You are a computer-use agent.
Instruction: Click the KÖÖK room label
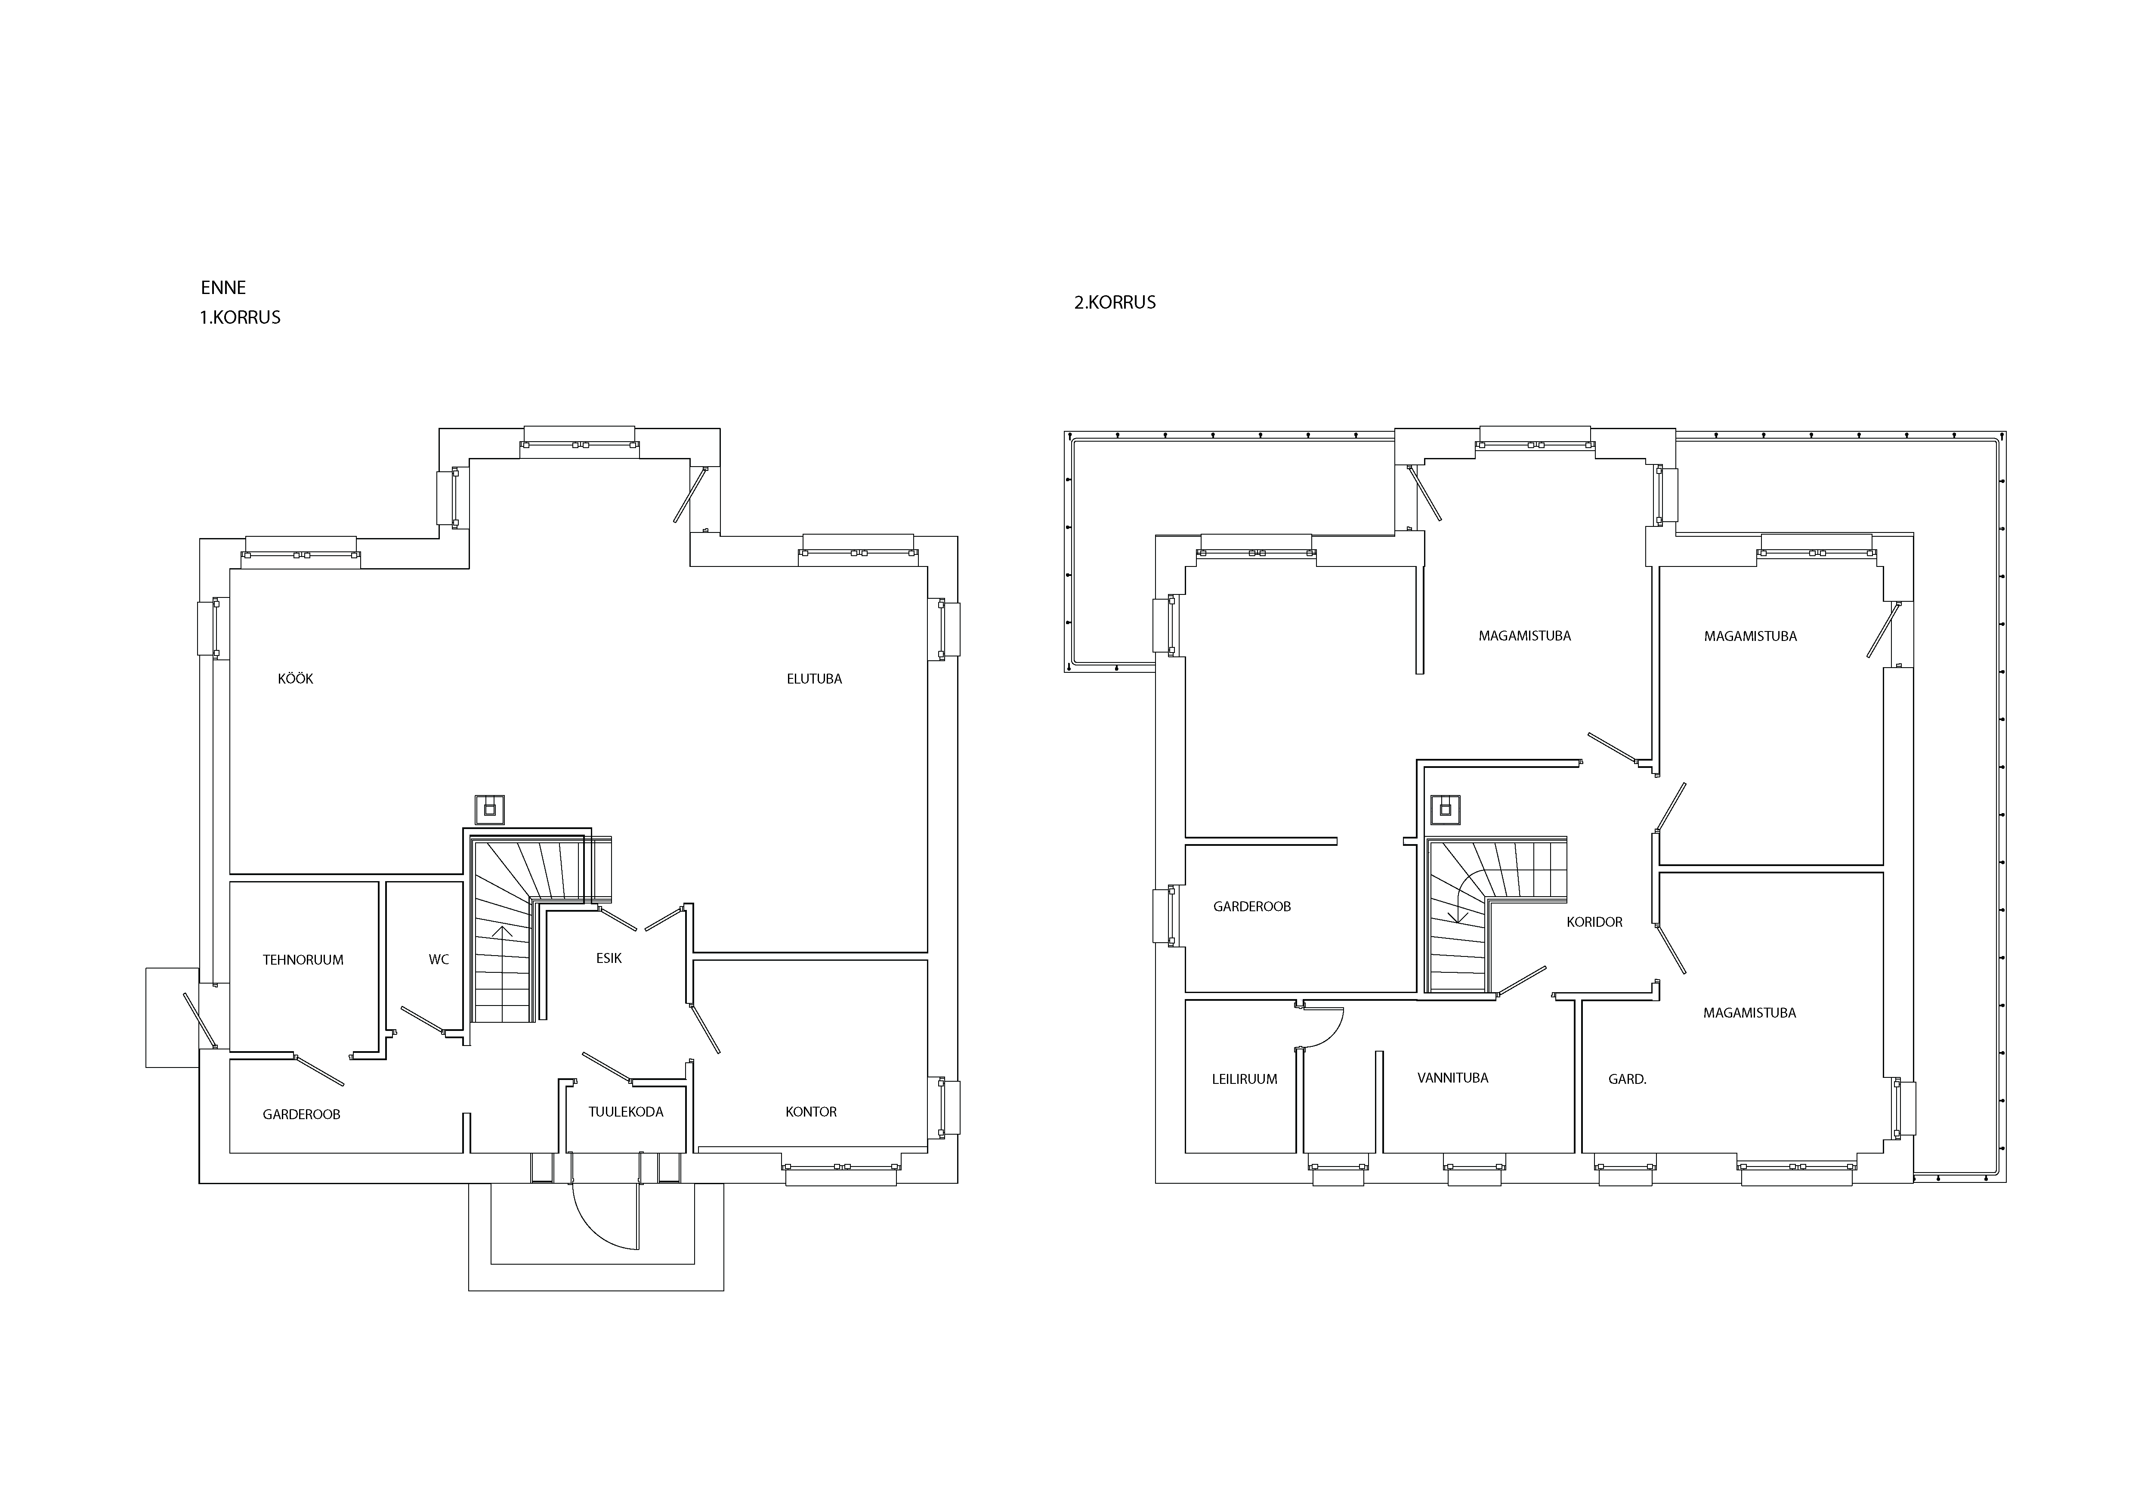(x=296, y=679)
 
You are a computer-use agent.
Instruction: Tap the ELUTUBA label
(x=815, y=679)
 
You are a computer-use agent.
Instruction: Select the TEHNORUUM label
(x=303, y=959)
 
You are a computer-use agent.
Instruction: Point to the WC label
(x=439, y=959)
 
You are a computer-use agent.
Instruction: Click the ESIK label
(x=609, y=958)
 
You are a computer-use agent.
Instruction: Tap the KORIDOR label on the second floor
(x=1595, y=922)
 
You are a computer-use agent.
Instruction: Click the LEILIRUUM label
(x=1244, y=1080)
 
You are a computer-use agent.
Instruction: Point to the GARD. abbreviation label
(x=1627, y=1080)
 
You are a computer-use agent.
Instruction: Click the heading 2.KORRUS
(x=1115, y=302)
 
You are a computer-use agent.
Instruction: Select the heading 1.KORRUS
(x=240, y=317)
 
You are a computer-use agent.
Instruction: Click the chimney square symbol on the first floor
(x=490, y=810)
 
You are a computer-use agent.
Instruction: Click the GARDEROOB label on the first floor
(x=301, y=1114)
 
